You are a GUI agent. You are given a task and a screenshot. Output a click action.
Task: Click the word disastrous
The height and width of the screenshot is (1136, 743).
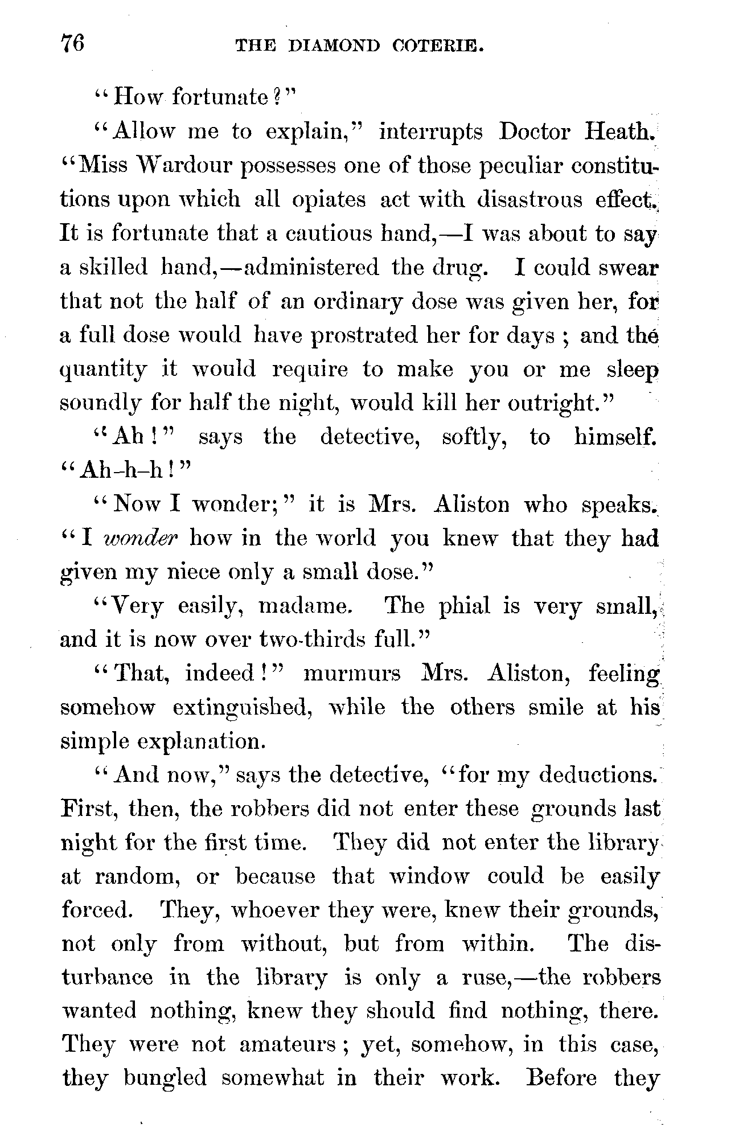pyautogui.click(x=529, y=200)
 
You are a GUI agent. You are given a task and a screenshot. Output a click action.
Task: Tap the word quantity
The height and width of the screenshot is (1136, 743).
pyautogui.click(x=104, y=370)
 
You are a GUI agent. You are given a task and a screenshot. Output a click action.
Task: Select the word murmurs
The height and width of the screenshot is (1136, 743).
pyautogui.click(x=352, y=674)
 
